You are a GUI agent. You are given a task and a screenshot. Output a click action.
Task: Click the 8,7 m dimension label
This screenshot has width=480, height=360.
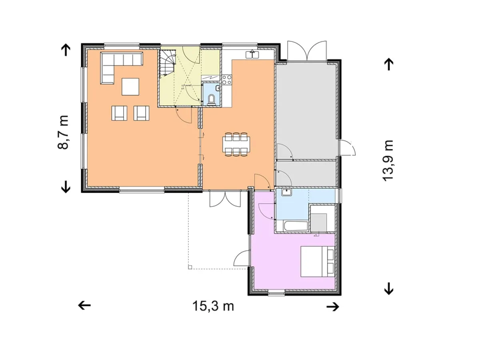63,132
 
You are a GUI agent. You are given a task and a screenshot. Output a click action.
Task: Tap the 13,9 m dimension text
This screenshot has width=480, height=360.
388,160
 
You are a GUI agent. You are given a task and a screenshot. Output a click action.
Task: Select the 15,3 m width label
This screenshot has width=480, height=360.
213,306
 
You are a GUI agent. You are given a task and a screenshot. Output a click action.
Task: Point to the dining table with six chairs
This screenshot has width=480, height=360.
236,144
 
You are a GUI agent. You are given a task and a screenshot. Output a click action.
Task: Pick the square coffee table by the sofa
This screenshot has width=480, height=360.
130,86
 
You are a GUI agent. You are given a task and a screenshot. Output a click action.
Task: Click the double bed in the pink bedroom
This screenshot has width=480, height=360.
318,262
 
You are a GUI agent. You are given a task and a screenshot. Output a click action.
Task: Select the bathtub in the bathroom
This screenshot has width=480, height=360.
296,226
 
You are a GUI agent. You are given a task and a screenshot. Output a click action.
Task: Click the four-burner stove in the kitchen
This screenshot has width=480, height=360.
227,80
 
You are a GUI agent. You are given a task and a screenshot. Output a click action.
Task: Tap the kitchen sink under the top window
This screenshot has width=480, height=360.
252,54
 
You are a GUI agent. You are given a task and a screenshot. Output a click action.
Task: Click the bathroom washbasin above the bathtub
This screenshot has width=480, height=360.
286,192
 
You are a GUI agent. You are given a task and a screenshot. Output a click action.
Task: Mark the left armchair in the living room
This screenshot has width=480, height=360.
119,113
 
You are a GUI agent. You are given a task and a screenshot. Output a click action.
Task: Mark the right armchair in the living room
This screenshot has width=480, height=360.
142,113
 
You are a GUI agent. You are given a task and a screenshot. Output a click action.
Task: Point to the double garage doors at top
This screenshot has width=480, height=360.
307,51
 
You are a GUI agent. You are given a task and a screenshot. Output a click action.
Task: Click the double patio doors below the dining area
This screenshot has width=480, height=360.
225,199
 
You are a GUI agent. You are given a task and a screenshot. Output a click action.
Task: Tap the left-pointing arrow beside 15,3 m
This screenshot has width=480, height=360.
84,305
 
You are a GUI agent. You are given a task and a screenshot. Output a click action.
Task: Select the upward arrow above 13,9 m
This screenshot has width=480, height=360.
389,64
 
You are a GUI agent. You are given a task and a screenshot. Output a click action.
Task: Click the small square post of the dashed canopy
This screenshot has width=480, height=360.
190,267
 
